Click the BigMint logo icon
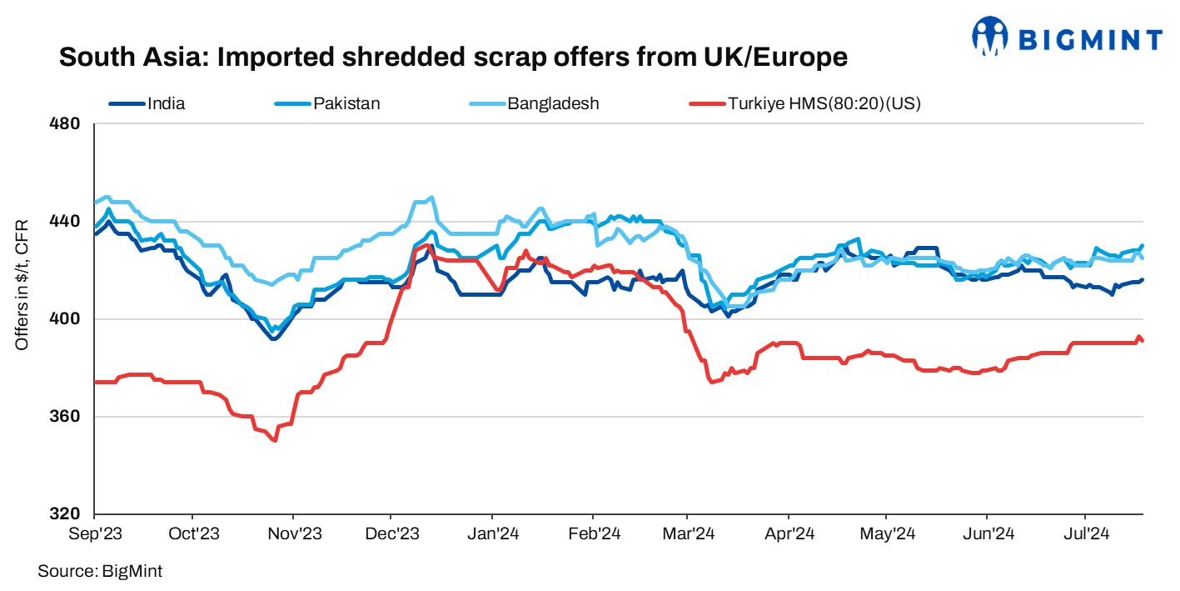(x=992, y=36)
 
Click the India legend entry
(x=166, y=104)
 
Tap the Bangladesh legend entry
(x=554, y=104)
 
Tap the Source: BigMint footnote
(x=99, y=571)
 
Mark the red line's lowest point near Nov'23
(x=274, y=440)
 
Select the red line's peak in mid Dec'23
(x=426, y=246)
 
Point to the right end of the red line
(x=1142, y=340)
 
